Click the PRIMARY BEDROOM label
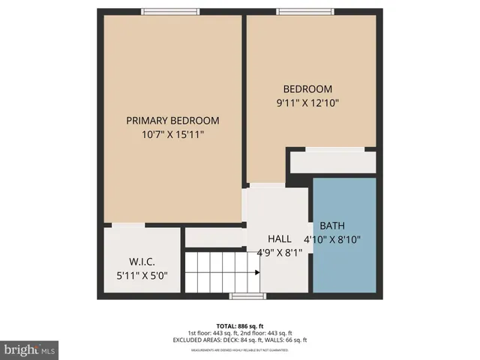(x=172, y=121)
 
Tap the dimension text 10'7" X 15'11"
(x=172, y=134)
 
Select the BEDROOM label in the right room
(x=307, y=89)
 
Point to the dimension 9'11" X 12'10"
(x=307, y=103)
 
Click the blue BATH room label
(x=332, y=226)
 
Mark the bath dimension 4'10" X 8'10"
(x=332, y=240)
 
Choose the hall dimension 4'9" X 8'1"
(x=278, y=252)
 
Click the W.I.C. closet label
(x=142, y=262)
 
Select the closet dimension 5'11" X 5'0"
(x=142, y=275)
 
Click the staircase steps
(x=221, y=271)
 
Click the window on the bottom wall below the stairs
(x=247, y=296)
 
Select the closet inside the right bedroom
(x=333, y=161)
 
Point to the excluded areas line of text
(x=239, y=340)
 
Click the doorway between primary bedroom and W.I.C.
(x=129, y=224)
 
